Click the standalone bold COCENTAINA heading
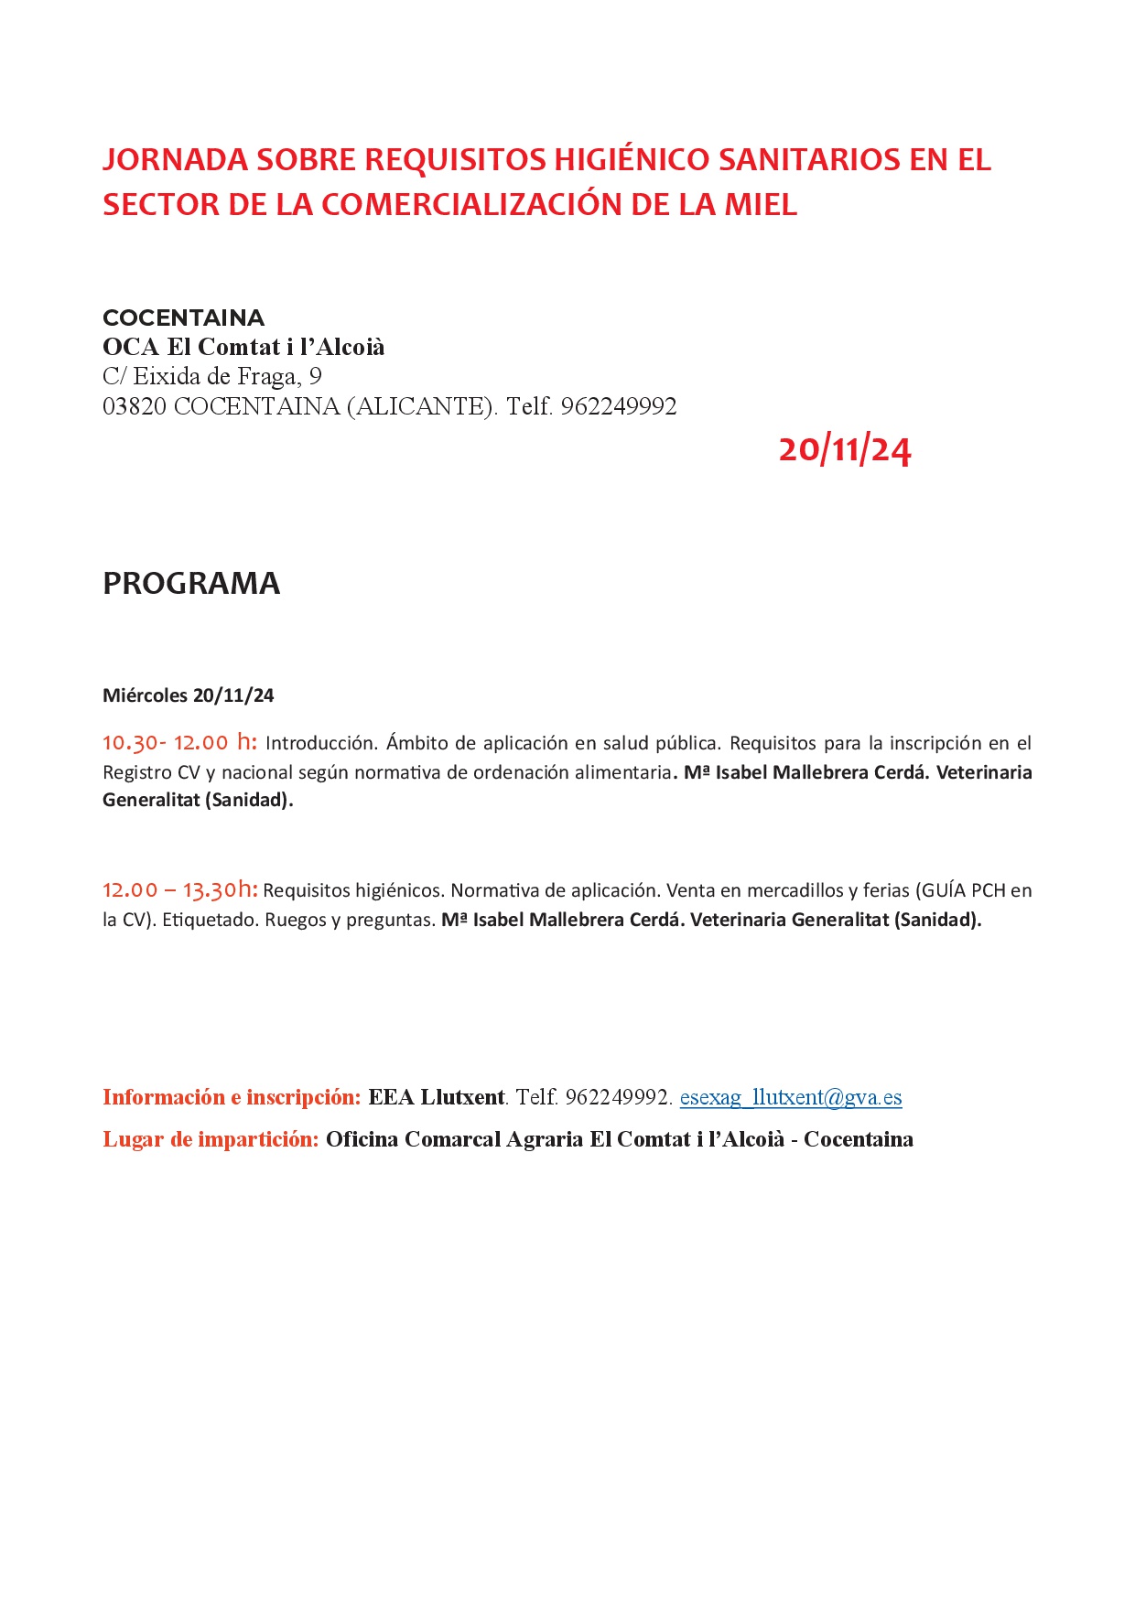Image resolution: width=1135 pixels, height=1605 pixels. pos(183,318)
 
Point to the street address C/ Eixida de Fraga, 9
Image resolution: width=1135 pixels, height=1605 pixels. pos(212,376)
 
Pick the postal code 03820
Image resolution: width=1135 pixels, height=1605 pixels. pos(135,406)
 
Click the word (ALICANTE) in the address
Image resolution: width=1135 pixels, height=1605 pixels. pos(422,406)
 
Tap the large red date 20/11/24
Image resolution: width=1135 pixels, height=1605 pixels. pos(845,449)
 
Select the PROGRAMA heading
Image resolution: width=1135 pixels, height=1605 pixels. pos(191,583)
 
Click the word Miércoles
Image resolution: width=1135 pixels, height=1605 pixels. pos(145,695)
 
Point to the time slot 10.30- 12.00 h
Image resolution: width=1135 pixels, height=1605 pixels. pos(179,742)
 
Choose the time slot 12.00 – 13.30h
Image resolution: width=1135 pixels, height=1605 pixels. pos(180,889)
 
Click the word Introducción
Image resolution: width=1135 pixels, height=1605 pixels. pos(321,743)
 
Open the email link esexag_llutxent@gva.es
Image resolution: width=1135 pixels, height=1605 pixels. pos(791,1097)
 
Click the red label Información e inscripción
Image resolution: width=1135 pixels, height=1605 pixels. pos(232,1097)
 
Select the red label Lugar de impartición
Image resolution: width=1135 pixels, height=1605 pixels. pos(211,1139)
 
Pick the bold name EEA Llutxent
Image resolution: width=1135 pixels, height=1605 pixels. pos(437,1097)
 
